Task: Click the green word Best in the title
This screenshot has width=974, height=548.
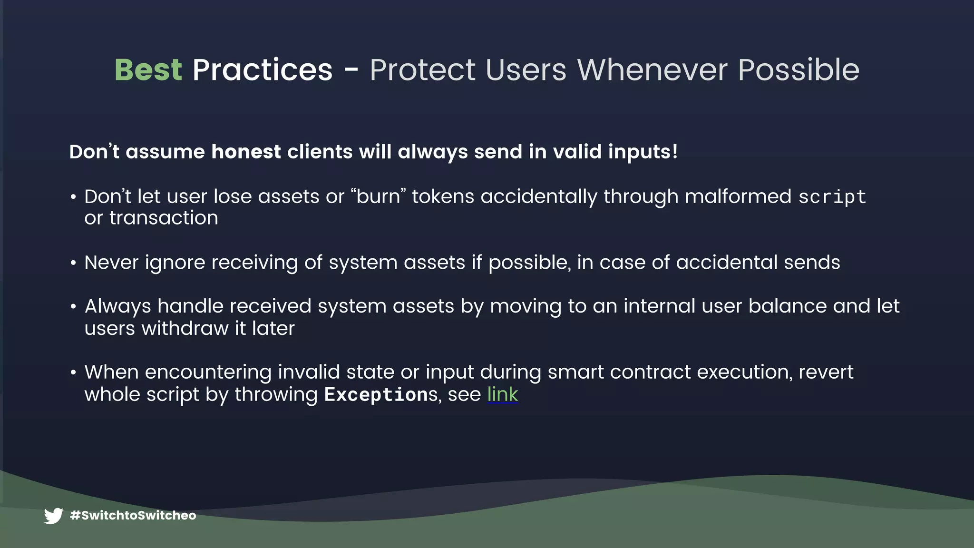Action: (x=148, y=70)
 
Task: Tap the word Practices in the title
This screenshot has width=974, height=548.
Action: (x=262, y=70)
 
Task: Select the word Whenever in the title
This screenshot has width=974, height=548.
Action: (x=652, y=70)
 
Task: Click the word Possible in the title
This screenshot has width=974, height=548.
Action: (x=799, y=70)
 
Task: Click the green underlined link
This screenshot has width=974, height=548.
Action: (x=502, y=394)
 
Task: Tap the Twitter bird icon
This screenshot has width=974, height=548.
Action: (x=53, y=516)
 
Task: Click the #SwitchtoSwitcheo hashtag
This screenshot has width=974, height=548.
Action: (x=133, y=516)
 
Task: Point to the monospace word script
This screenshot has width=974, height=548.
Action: (x=832, y=197)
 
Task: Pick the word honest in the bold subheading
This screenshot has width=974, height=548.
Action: (x=246, y=152)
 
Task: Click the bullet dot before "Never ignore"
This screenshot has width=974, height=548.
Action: (x=73, y=263)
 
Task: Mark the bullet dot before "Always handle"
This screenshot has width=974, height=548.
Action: (x=73, y=307)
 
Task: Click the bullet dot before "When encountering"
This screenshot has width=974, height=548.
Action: (x=73, y=372)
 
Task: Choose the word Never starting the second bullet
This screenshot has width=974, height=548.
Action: (x=111, y=263)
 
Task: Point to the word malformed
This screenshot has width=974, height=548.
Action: (x=738, y=196)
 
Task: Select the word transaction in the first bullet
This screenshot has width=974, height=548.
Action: (x=164, y=218)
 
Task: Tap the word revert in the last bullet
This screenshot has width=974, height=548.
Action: (x=826, y=372)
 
